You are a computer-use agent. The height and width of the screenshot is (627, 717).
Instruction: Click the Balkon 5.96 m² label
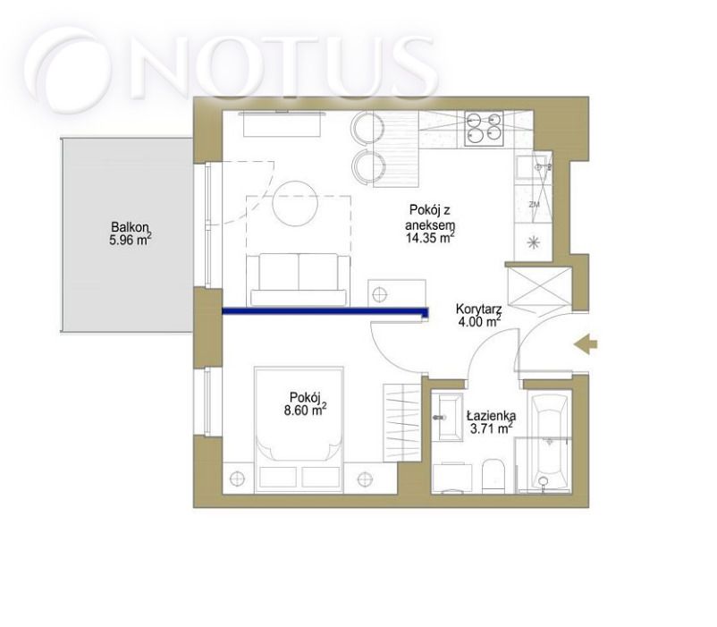pos(131,233)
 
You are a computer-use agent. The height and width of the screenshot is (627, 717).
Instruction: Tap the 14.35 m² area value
pos(430,237)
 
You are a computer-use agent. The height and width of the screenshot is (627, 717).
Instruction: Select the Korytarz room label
pos(479,309)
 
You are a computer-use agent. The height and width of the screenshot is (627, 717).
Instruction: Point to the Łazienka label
pos(492,416)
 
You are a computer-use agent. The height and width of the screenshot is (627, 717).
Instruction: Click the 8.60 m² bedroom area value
pos(306,410)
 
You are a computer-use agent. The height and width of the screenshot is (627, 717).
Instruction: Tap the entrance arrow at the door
pos(586,344)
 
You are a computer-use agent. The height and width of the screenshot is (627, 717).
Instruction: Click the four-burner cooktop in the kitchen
pos(484,129)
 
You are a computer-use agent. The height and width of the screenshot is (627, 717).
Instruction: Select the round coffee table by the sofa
pos(295,204)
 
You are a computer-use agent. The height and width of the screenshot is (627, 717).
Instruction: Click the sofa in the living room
pos(298,280)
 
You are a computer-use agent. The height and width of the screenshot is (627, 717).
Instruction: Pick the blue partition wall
pos(325,312)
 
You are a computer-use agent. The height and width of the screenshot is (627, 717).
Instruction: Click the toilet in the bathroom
pos(493,476)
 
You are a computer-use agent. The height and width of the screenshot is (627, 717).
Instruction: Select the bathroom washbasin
pos(448,417)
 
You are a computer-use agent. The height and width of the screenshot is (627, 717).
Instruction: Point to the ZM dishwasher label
pos(534,205)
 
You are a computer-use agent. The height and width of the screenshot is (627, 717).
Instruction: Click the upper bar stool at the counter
pos(367,128)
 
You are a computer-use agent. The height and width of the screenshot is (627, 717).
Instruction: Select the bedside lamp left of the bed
pos(237,479)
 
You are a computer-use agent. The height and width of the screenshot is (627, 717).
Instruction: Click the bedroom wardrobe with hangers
pos(402,422)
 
